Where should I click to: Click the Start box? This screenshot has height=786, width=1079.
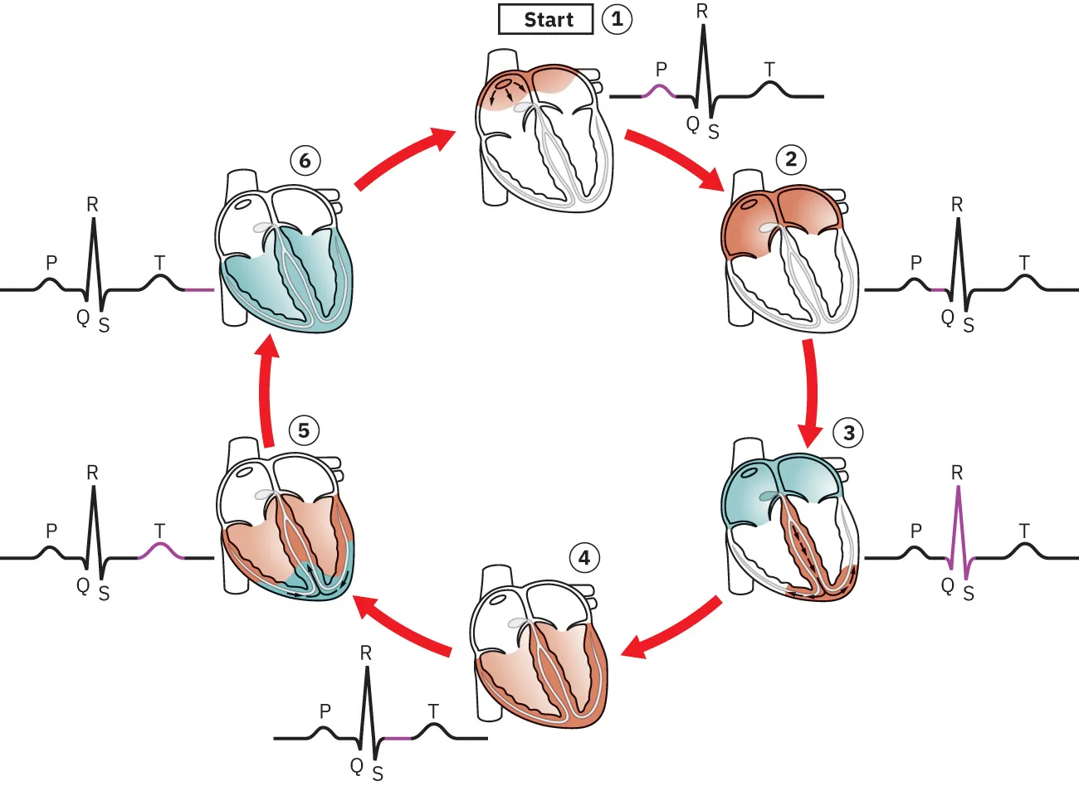point(545,19)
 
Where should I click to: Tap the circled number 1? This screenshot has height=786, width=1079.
point(617,19)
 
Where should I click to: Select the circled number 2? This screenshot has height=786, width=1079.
point(790,159)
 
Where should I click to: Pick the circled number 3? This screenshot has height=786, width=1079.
point(848,432)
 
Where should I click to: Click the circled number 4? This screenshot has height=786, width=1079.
point(584,558)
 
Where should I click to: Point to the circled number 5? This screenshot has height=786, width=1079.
point(304,430)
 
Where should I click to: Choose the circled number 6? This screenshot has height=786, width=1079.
point(305,160)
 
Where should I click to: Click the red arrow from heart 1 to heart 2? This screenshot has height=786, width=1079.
point(675,159)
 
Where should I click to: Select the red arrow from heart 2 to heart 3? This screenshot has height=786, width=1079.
point(809,390)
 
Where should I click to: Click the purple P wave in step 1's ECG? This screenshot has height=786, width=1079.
point(661,90)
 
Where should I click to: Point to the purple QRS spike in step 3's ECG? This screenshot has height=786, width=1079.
point(958,531)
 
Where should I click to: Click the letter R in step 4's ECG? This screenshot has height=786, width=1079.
point(366,653)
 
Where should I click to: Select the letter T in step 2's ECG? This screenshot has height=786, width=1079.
point(1024,263)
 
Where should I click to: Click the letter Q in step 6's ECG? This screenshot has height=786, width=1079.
point(83,317)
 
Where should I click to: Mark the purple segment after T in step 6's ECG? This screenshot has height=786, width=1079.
point(198,290)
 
